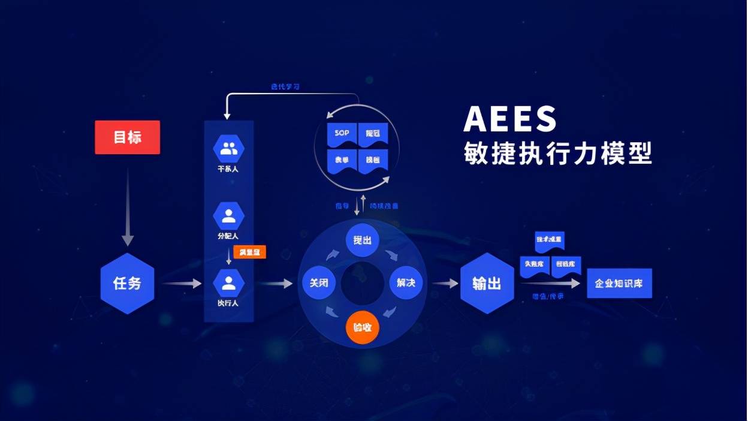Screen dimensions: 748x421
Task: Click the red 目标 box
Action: pyautogui.click(x=127, y=137)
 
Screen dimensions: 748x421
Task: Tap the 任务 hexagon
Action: pyautogui.click(x=127, y=283)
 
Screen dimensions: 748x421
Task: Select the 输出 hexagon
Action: pyautogui.click(x=487, y=283)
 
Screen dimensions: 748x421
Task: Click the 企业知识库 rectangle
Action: pyautogui.click(x=619, y=283)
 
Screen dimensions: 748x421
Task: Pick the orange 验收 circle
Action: pyautogui.click(x=363, y=327)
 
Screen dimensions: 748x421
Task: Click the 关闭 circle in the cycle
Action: pyautogui.click(x=319, y=283)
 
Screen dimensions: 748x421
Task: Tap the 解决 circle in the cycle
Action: pyautogui.click(x=406, y=283)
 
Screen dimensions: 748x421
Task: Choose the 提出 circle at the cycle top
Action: pyautogui.click(x=363, y=240)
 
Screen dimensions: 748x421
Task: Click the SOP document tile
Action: pyautogui.click(x=342, y=133)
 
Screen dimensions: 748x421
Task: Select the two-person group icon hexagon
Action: pyautogui.click(x=229, y=149)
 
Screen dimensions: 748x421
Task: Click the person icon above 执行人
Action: pyautogui.click(x=229, y=282)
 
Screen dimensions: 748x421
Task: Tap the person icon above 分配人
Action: pyautogui.click(x=229, y=216)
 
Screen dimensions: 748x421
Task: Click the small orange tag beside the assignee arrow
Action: pyautogui.click(x=249, y=252)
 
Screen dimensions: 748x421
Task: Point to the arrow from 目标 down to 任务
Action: pyautogui.click(x=128, y=207)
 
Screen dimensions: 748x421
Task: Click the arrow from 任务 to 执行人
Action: pyautogui.click(x=182, y=283)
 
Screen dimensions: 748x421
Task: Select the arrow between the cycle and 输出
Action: pyautogui.click(x=445, y=283)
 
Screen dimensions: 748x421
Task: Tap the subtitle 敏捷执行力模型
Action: pyautogui.click(x=557, y=153)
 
